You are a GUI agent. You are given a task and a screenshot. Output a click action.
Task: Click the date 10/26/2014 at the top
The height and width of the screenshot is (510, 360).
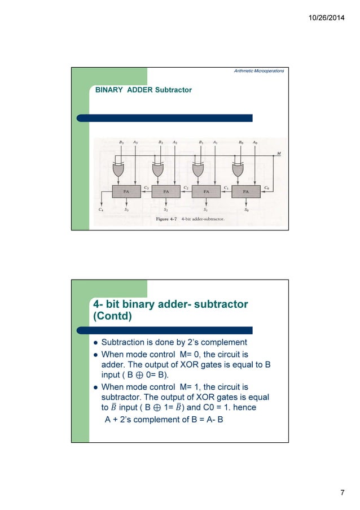[x=326, y=20]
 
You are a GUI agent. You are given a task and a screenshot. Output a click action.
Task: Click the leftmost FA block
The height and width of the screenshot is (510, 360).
[x=127, y=191]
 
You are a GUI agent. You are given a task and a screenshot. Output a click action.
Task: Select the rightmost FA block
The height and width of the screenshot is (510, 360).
[x=246, y=191]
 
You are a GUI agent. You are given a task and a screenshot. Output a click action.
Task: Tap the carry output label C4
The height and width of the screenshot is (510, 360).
[x=100, y=210]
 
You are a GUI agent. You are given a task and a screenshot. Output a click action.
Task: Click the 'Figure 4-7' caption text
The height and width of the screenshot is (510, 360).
[x=167, y=218]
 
